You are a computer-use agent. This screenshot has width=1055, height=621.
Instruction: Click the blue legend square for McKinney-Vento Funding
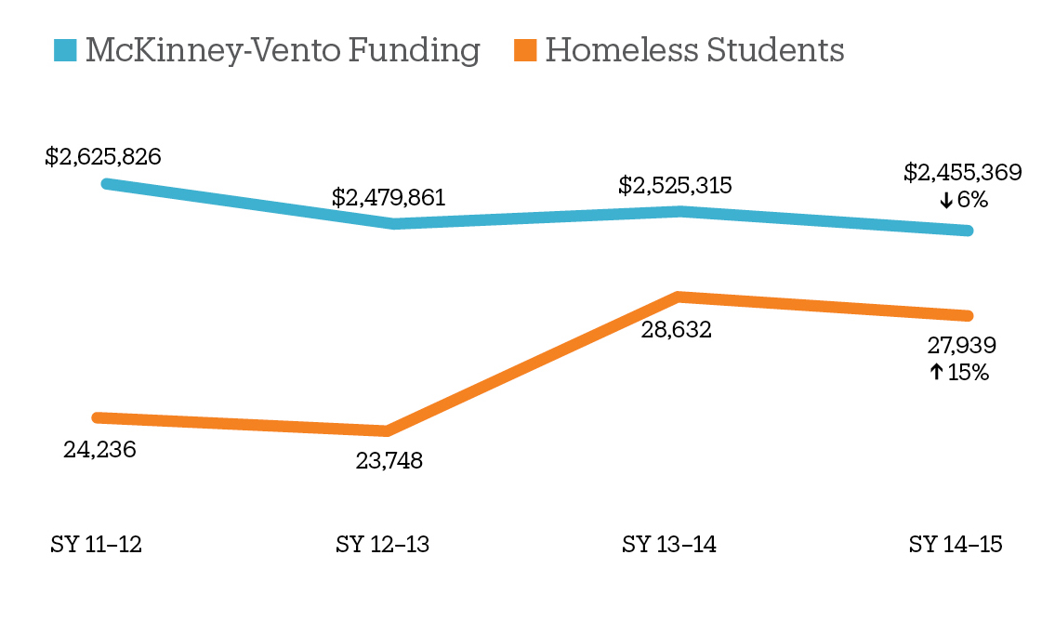pos(65,50)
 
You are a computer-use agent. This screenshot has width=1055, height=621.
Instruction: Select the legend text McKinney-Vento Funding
pos(283,50)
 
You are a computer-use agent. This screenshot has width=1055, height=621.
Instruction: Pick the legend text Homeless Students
pos(694,50)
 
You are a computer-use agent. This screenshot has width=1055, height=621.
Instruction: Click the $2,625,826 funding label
pos(103,156)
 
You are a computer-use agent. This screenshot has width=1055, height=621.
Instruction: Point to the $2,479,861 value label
pos(389,198)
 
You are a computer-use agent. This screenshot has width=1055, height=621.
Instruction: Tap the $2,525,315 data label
pos(675,185)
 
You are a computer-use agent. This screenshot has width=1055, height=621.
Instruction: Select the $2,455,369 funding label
pos(962,172)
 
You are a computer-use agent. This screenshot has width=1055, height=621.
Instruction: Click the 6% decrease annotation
pos(963,200)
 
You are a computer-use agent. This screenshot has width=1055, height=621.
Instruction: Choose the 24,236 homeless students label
pos(99,450)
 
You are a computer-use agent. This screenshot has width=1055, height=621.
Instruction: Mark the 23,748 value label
pos(389,460)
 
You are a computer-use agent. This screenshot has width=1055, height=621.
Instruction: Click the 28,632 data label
pos(676,329)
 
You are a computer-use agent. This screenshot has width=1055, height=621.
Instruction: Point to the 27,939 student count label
pos(962,346)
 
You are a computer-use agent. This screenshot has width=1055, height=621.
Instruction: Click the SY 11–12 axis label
pos(96,545)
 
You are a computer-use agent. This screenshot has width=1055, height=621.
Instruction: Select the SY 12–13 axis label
pos(382,545)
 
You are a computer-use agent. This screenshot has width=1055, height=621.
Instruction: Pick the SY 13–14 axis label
pos(669,545)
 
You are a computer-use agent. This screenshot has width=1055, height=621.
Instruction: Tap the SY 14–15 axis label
pos(956,545)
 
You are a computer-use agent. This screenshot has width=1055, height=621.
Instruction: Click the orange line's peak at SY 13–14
pos(679,297)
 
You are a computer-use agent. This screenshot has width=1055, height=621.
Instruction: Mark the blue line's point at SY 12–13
pos(394,223)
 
